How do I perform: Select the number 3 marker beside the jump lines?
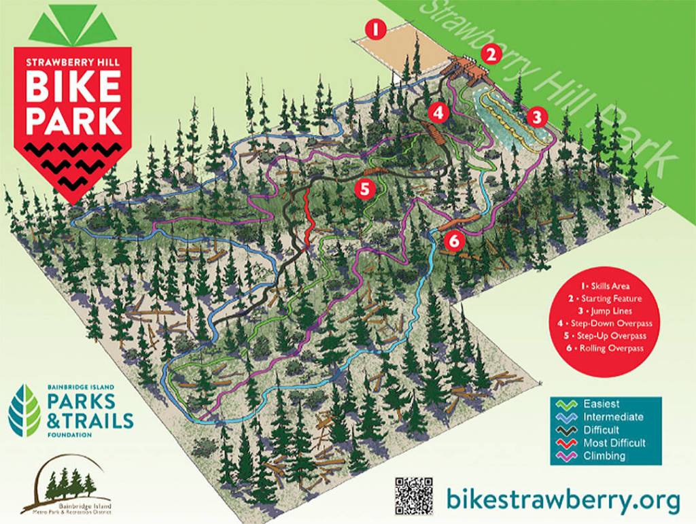click(537, 116)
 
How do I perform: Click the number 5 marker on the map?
click(365, 188)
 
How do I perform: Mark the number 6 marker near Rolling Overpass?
click(453, 240)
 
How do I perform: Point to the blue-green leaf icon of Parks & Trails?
click(24, 409)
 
